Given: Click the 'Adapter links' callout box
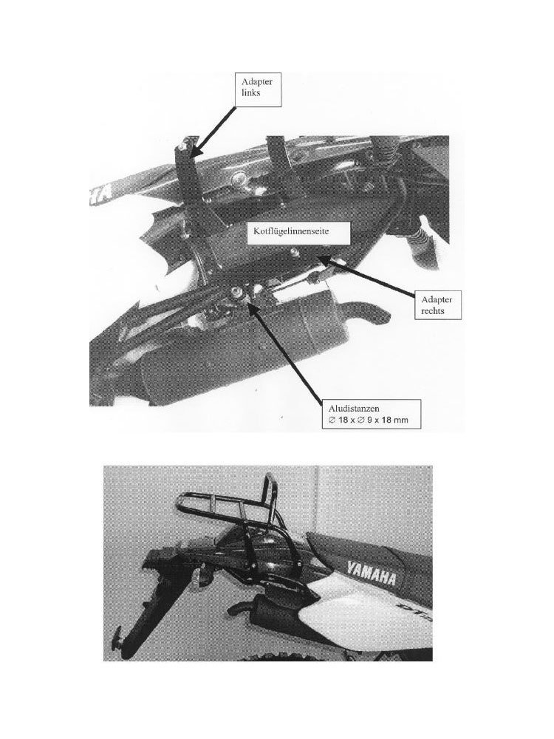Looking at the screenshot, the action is coord(258,89).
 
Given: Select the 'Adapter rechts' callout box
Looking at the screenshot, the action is coord(437,305).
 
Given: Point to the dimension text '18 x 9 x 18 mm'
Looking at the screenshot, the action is coord(366,420).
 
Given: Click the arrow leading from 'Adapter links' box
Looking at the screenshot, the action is coord(214,131).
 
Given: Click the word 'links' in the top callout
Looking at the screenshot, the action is coord(250,93).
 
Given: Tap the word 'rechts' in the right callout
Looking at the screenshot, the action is coord(433,310).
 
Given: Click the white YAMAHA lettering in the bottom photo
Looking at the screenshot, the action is coord(372,573).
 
